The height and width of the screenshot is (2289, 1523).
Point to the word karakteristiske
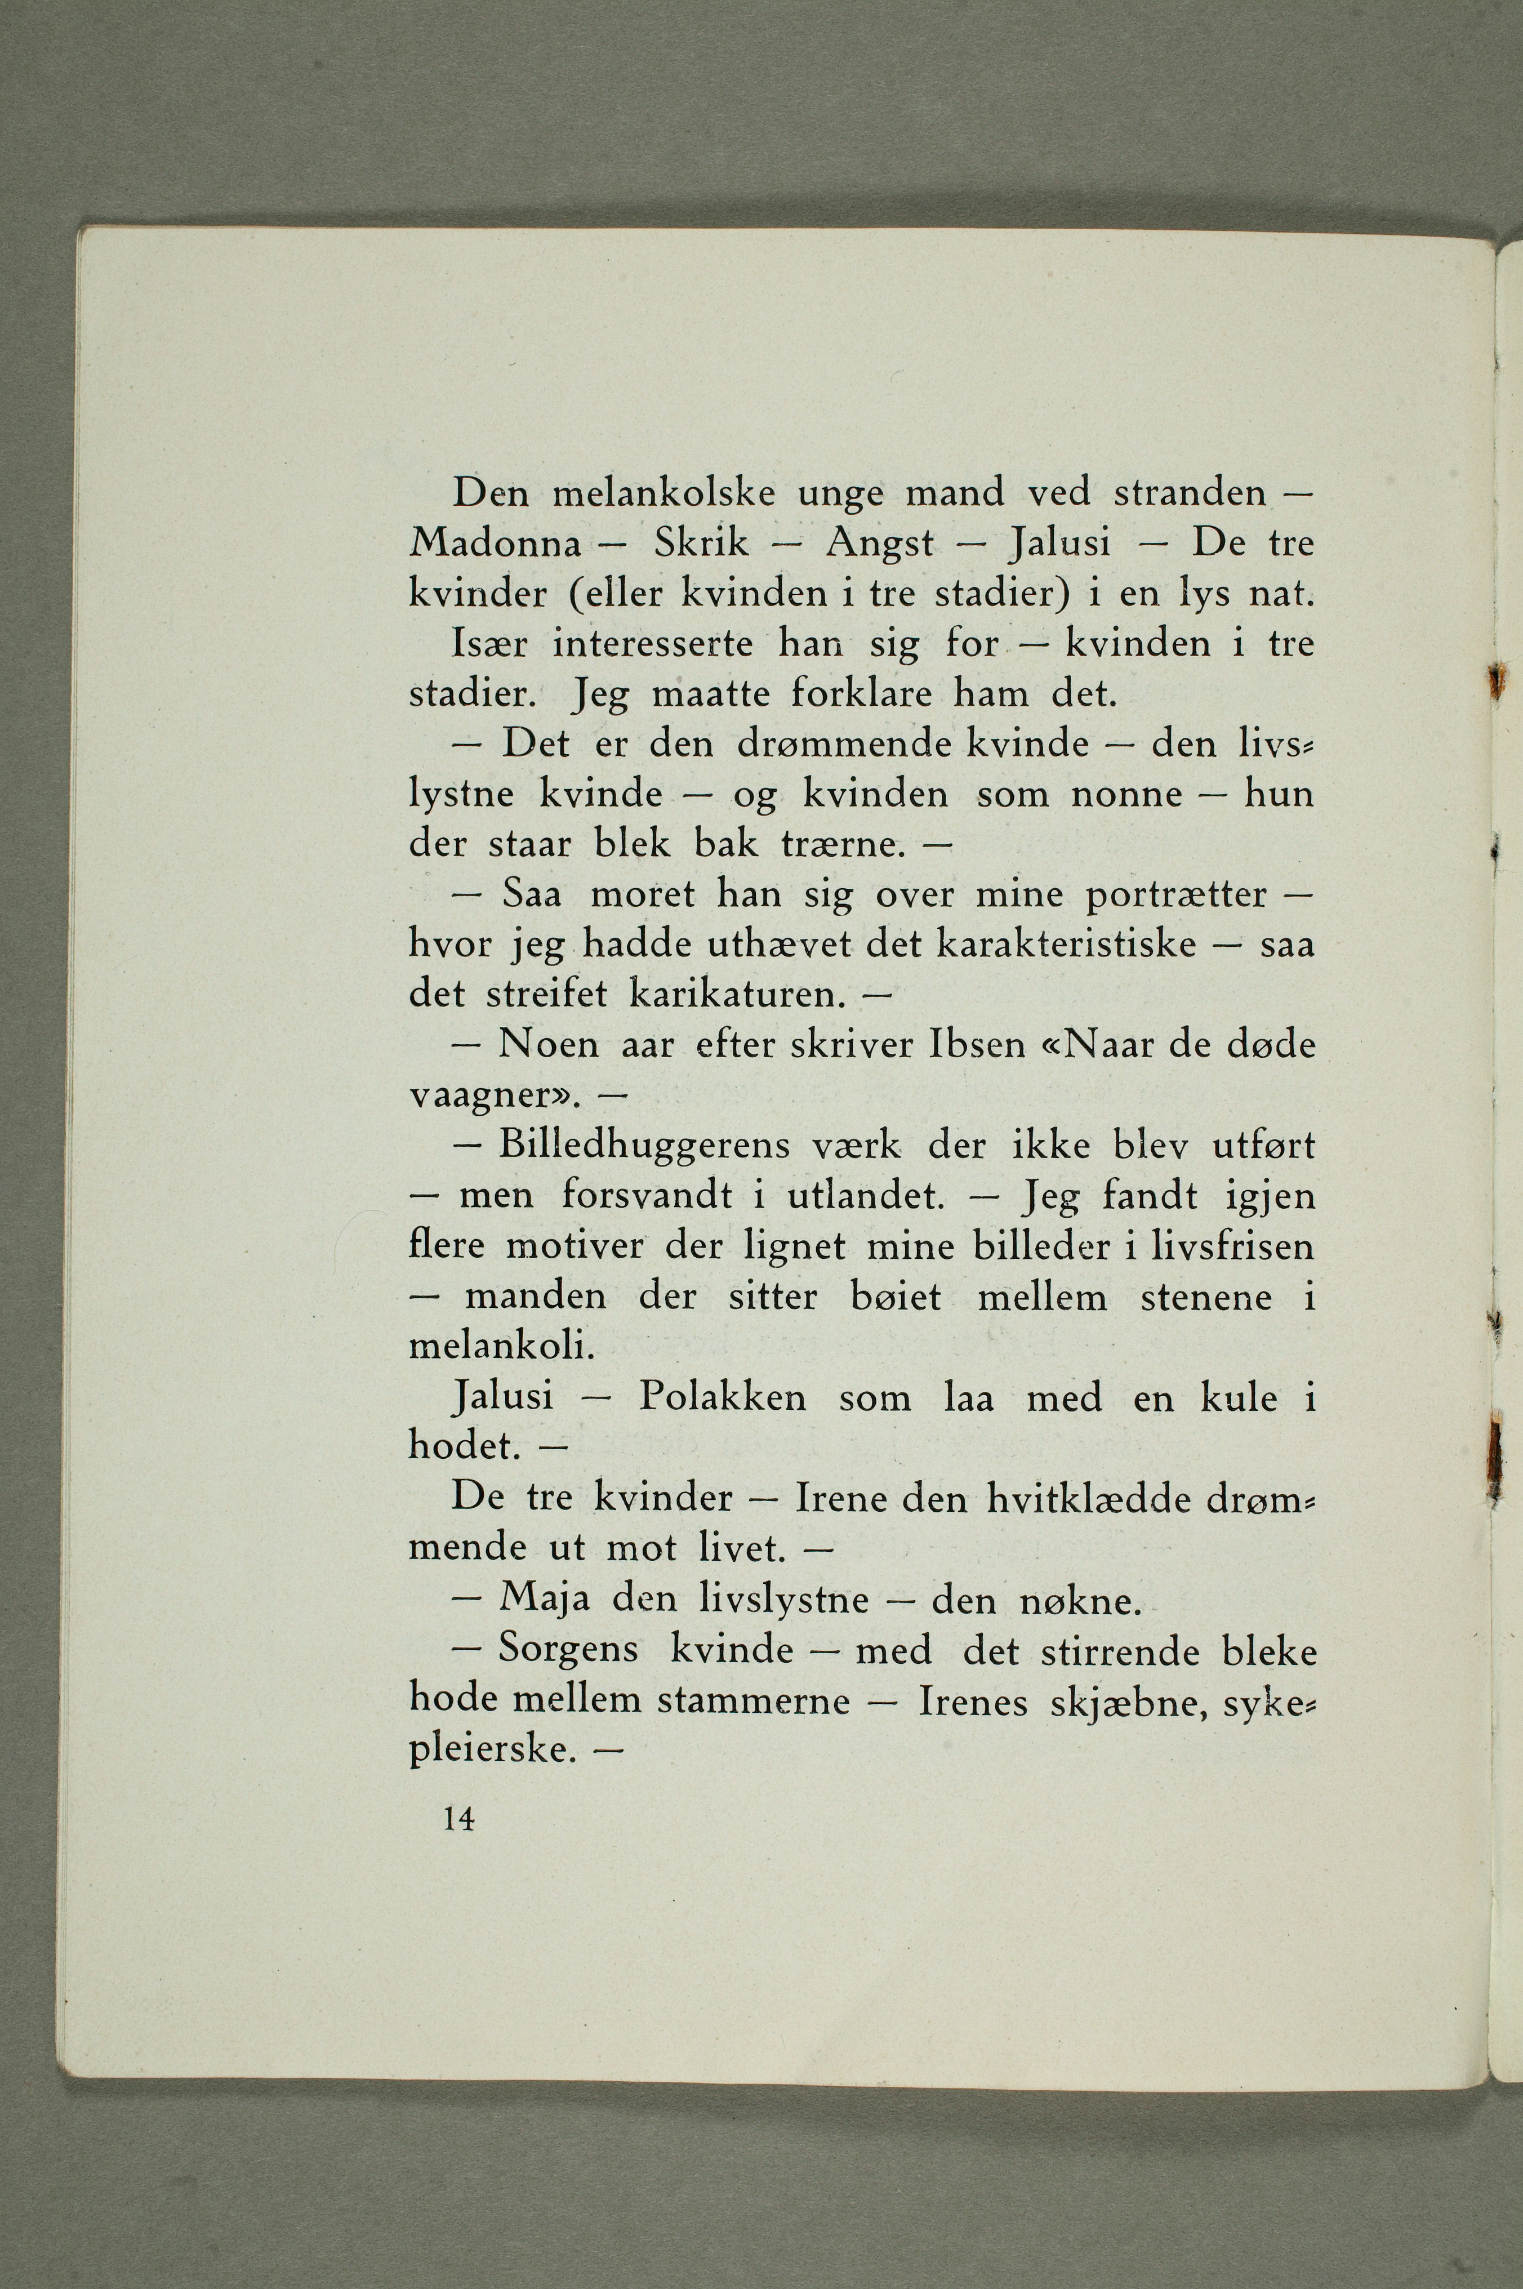click(x=1066, y=945)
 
